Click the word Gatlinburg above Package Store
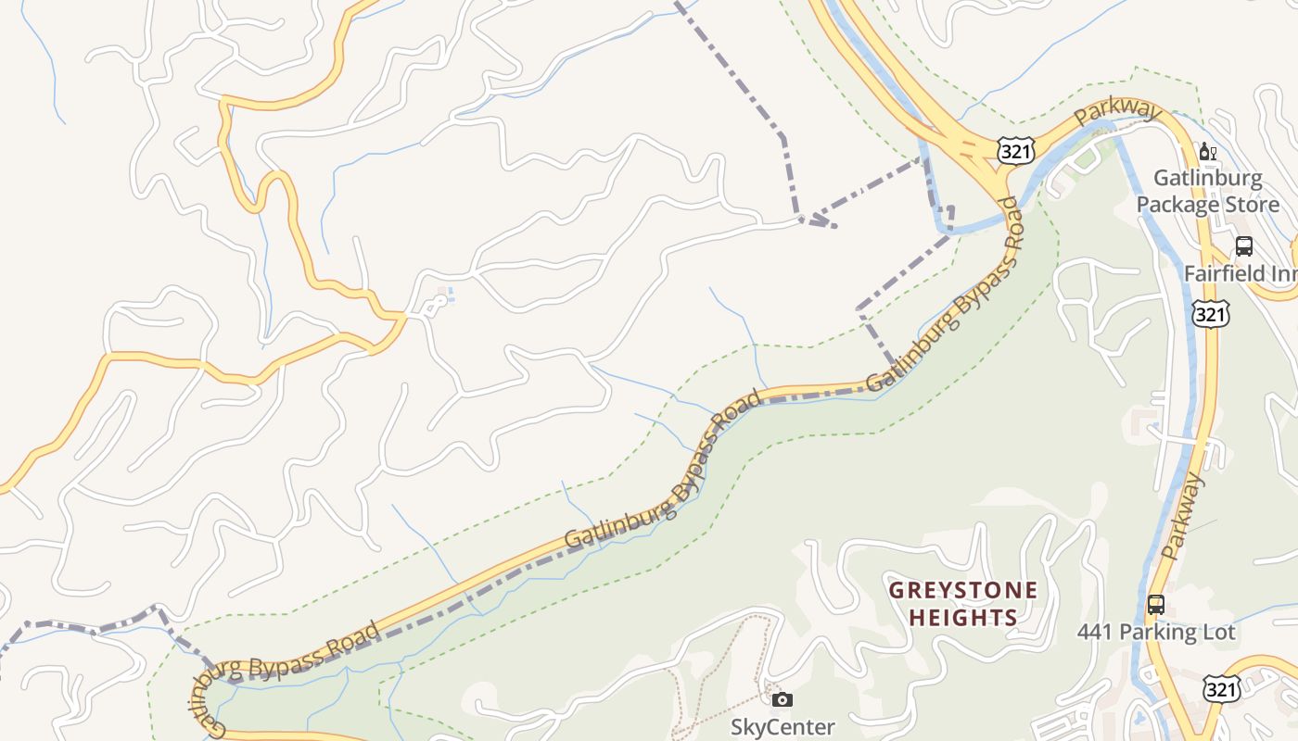[x=1207, y=178]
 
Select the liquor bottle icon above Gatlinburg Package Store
[x=1207, y=151]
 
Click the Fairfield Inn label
[x=1240, y=274]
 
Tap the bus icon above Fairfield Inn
[x=1244, y=246]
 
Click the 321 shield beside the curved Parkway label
[x=1016, y=151]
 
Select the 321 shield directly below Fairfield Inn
[x=1211, y=314]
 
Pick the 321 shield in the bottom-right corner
[x=1223, y=688]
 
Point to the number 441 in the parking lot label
[x=1095, y=632]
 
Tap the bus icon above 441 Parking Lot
[x=1155, y=605]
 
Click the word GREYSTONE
[x=963, y=590]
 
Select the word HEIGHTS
[x=963, y=617]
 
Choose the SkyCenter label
[x=783, y=727]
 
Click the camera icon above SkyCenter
[x=783, y=699]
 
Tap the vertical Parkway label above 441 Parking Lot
[x=1182, y=517]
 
